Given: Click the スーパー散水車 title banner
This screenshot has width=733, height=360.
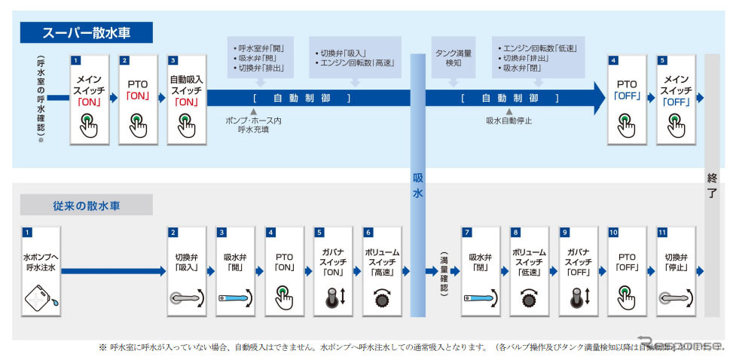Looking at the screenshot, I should click(87, 32).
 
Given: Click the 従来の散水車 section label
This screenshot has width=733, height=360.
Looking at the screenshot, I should click(87, 205).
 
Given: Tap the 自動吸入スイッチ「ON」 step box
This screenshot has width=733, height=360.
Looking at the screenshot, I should click(186, 99).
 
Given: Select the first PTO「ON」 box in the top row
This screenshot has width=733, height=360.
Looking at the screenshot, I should click(137, 99).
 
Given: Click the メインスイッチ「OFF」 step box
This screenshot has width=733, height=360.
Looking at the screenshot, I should click(676, 99).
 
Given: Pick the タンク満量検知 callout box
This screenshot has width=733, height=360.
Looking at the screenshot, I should click(454, 57).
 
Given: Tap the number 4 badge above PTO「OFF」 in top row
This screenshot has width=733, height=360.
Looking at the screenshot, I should click(614, 59).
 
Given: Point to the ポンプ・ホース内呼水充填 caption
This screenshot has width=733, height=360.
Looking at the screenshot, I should click(253, 125).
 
